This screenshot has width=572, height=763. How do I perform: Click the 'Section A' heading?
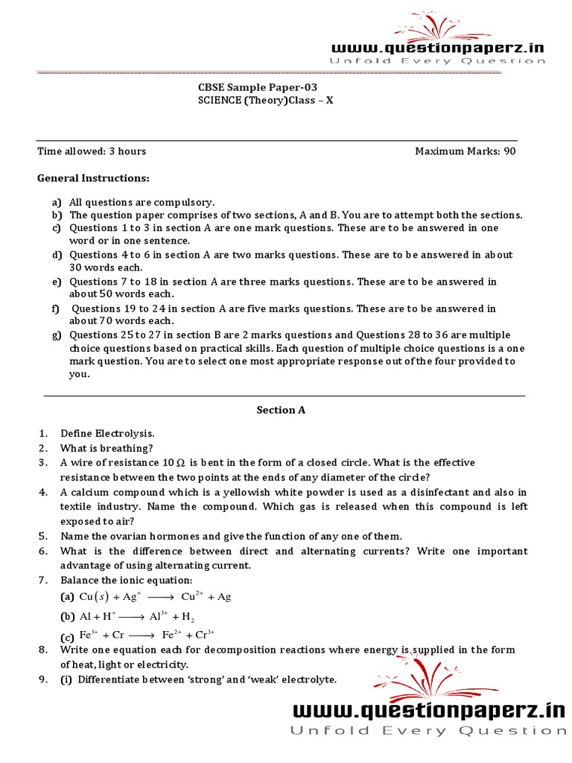coord(281,410)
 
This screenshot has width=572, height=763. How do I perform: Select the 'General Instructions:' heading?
coord(93,178)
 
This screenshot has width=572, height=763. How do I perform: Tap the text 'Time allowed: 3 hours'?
coord(92,151)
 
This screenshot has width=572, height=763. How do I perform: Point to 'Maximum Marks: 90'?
coord(465,151)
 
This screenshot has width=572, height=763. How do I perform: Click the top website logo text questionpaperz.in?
coord(437,48)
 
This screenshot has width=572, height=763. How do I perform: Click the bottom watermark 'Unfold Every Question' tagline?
coord(428,731)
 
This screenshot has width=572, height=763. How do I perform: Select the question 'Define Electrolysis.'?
coord(107,433)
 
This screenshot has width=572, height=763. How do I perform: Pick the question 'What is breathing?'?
coord(107,448)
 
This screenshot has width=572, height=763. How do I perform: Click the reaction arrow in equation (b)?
coord(131,616)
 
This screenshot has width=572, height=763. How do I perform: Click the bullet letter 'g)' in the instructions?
coord(56,335)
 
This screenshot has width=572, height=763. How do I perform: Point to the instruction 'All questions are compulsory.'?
coord(142,202)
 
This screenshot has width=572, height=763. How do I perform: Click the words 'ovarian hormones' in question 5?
coord(134,536)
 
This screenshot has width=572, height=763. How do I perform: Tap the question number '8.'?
coord(43,650)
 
